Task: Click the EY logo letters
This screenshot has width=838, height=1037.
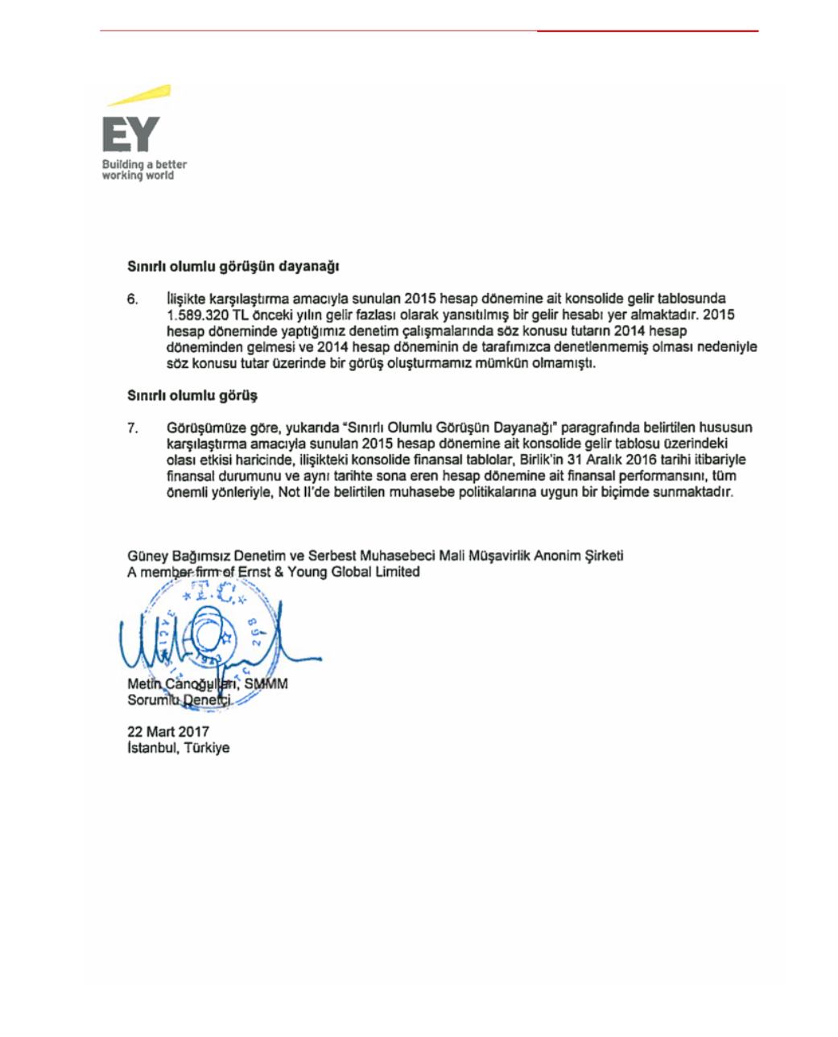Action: pyautogui.click(x=130, y=135)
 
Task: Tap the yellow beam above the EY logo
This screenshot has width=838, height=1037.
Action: pyautogui.click(x=139, y=96)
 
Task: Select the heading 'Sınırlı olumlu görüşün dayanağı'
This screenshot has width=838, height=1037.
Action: pyautogui.click(x=233, y=266)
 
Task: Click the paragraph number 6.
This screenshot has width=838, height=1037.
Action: pyautogui.click(x=133, y=299)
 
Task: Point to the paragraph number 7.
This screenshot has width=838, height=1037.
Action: pyautogui.click(x=133, y=428)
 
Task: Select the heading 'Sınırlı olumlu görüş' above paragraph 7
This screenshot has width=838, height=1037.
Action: pyautogui.click(x=192, y=396)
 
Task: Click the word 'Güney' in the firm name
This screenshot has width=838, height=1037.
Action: pyautogui.click(x=146, y=556)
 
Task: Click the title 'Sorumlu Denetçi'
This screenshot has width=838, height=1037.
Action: pyautogui.click(x=179, y=700)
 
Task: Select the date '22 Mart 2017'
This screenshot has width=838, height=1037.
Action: pyautogui.click(x=168, y=732)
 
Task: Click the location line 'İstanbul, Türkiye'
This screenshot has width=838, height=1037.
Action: pyautogui.click(x=178, y=748)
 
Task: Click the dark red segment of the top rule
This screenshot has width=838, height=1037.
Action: pyautogui.click(x=647, y=31)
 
